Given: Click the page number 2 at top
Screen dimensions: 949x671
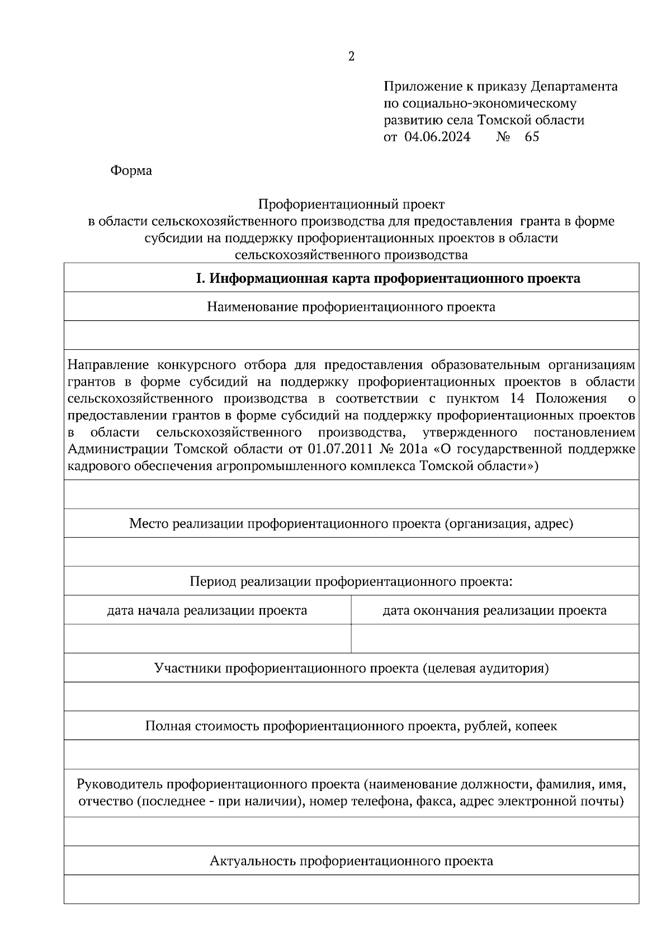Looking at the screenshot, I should [x=351, y=56].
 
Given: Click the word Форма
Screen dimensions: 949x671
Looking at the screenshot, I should [x=131, y=171].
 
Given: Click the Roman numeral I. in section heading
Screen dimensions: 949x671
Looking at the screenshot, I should [x=201, y=278].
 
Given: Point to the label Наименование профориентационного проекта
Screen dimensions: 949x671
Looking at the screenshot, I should [x=351, y=307].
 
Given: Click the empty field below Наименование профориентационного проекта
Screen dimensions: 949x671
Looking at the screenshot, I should [x=351, y=336].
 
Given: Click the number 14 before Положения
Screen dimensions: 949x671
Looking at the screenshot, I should [x=518, y=398].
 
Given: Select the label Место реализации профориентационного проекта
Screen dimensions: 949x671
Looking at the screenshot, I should [x=351, y=524].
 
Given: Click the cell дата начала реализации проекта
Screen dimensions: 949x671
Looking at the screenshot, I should [x=207, y=610].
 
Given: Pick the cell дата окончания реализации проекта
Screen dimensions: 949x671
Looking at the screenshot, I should [x=494, y=610].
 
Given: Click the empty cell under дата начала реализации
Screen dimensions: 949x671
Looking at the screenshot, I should [x=207, y=639].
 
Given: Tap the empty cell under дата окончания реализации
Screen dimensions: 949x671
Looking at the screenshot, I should [x=494, y=639].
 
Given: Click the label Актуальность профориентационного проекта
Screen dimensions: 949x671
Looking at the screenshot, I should [x=351, y=861].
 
